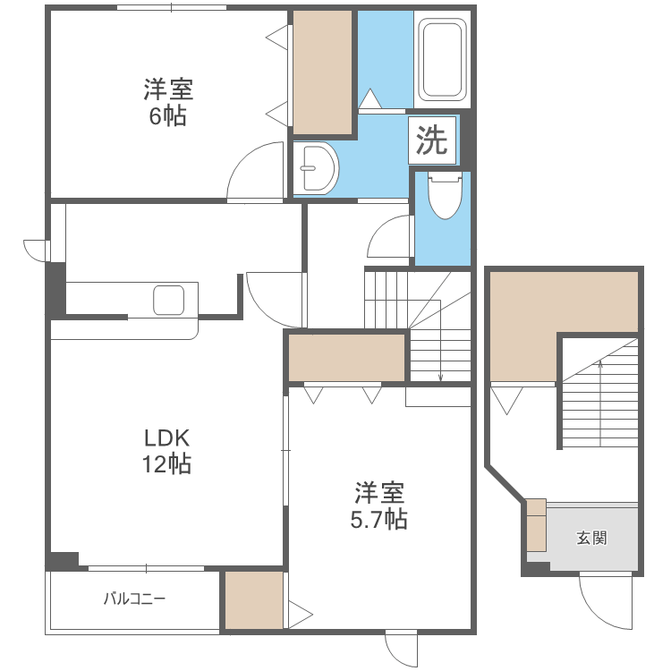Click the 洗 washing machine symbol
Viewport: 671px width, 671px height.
click(x=433, y=140)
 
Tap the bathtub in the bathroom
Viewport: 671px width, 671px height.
click(x=442, y=58)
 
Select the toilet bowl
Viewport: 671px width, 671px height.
click(x=442, y=196)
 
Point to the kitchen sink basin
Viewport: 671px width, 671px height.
click(x=168, y=299)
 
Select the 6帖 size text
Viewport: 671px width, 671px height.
click(x=167, y=116)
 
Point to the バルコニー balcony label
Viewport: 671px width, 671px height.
click(x=133, y=599)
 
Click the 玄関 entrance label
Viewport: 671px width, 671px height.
click(x=591, y=538)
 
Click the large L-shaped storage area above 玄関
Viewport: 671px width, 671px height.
click(x=537, y=313)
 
